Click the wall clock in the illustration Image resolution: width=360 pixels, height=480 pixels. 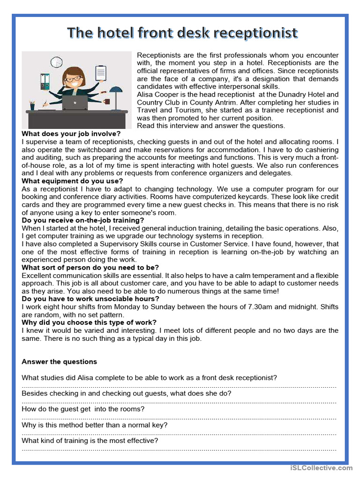click(x=57, y=62)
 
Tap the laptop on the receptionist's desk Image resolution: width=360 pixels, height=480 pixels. click(x=75, y=103)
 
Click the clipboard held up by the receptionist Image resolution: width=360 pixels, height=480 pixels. click(x=100, y=72)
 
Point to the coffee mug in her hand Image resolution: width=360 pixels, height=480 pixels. click(x=107, y=101)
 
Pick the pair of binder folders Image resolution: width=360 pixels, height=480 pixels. click(x=45, y=82)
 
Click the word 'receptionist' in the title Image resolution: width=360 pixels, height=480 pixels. click(x=255, y=33)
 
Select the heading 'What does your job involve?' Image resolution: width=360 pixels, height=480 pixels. click(x=71, y=134)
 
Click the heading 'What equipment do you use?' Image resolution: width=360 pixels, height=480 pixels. click(x=73, y=181)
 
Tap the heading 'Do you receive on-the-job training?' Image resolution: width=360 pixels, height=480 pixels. click(x=83, y=220)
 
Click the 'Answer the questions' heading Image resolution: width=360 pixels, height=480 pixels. click(x=60, y=361)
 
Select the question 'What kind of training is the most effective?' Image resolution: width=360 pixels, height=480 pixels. click(x=90, y=441)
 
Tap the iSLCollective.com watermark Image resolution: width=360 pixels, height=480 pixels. click(x=321, y=468)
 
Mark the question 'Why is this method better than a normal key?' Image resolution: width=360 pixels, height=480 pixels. click(x=95, y=425)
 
